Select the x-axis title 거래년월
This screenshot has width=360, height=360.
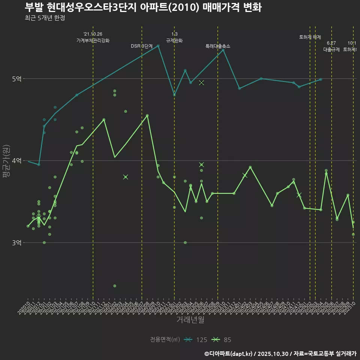pyautogui.click(x=190, y=320)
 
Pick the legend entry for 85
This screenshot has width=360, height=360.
pyautogui.click(x=223, y=340)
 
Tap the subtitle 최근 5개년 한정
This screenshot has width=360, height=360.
pyautogui.click(x=45, y=18)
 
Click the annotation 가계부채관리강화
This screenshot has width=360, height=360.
pyautogui.click(x=93, y=40)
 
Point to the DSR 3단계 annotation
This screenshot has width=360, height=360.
pyautogui.click(x=142, y=46)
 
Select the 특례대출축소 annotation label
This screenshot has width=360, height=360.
pyautogui.click(x=218, y=46)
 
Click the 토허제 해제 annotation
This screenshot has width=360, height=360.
pyautogui.click(x=310, y=37)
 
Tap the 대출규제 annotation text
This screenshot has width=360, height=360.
pyautogui.click(x=331, y=49)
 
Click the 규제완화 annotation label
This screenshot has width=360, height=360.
pyautogui.click(x=174, y=40)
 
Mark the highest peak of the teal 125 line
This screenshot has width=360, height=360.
pyautogui.click(x=158, y=46)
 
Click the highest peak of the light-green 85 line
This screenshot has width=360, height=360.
pyautogui.click(x=147, y=115)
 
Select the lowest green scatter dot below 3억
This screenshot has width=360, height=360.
pyautogui.click(x=115, y=286)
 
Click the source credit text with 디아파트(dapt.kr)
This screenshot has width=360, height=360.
pyautogui.click(x=280, y=353)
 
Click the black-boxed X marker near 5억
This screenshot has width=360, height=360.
pyautogui.click(x=201, y=82)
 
